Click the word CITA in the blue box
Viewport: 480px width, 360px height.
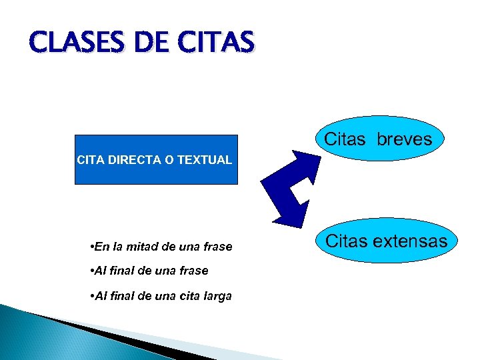click(x=91, y=160)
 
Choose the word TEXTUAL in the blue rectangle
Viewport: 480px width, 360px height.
click(x=204, y=160)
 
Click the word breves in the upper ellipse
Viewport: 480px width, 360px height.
click(x=404, y=139)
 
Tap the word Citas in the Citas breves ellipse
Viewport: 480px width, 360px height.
click(x=345, y=139)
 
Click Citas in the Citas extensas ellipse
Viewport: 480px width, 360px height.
click(x=346, y=241)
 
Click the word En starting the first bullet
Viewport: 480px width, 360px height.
click(x=102, y=247)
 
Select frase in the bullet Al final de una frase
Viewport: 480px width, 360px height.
click(x=193, y=271)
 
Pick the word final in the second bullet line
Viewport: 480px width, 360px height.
click(x=123, y=271)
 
